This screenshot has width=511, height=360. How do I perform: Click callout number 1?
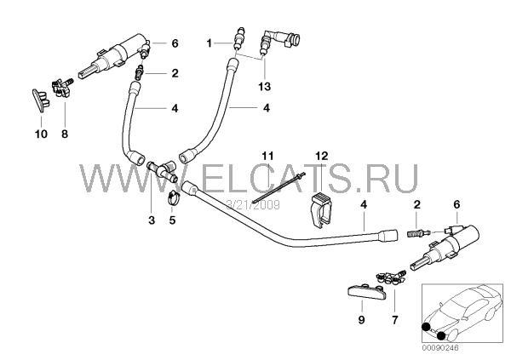(x=210, y=41)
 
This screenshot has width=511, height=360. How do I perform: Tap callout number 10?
(x=40, y=134)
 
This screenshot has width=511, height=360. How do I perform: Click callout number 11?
(x=267, y=155)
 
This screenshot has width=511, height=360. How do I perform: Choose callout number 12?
(x=320, y=155)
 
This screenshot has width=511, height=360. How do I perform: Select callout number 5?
(x=172, y=220)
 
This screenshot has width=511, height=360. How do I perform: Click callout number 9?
(x=360, y=321)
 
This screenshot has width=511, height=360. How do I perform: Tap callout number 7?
(x=393, y=321)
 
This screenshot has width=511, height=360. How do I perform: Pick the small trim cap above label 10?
(x=39, y=98)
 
